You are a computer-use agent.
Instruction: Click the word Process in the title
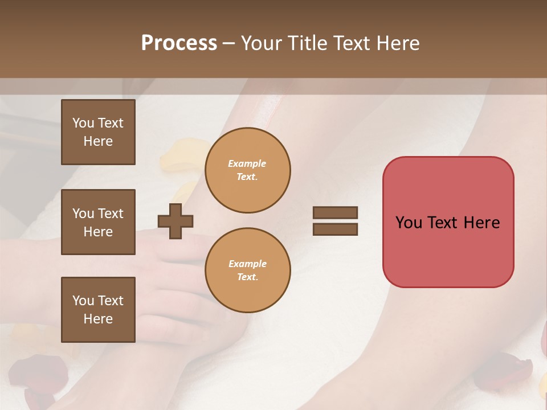(x=179, y=43)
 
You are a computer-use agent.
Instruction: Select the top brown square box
(x=98, y=132)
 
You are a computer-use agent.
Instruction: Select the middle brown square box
(x=98, y=222)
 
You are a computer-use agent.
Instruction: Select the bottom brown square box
(x=98, y=310)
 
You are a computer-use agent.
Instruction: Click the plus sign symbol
(x=175, y=221)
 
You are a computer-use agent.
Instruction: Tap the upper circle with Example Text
(x=248, y=170)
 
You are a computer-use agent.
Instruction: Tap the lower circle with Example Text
(x=248, y=270)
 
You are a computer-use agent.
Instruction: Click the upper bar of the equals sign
(x=335, y=213)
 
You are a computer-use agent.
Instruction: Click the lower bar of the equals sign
(x=335, y=229)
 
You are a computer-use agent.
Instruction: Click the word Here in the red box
(x=481, y=223)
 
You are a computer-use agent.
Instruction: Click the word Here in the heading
(x=398, y=43)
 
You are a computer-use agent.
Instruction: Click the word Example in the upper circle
(x=247, y=163)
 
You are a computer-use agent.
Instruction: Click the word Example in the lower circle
(x=247, y=264)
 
